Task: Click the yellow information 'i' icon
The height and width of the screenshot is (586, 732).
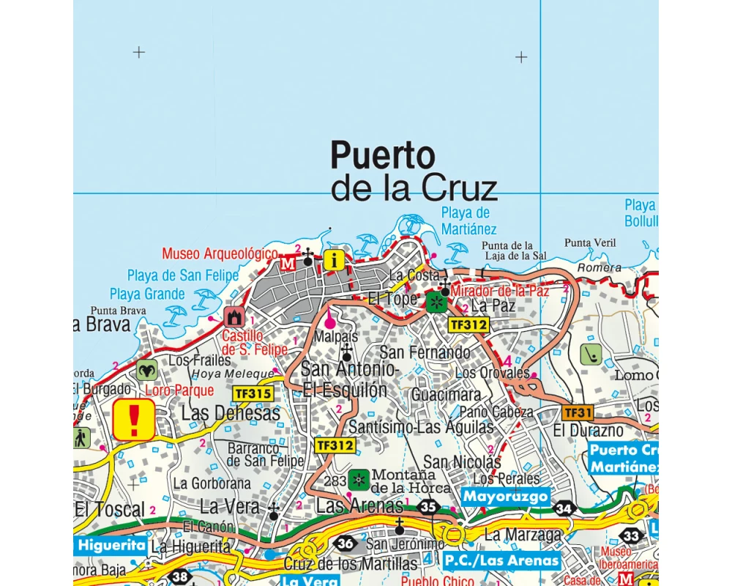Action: (334, 259)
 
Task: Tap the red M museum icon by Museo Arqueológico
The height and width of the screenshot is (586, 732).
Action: (289, 262)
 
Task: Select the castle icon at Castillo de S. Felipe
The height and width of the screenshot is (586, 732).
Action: (235, 316)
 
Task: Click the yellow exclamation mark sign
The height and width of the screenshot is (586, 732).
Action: (134, 420)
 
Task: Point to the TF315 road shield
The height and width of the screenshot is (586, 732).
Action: (253, 393)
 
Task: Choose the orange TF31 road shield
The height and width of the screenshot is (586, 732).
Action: (578, 412)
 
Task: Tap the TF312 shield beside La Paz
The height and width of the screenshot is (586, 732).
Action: (468, 324)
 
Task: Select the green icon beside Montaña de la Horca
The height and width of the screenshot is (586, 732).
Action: (359, 479)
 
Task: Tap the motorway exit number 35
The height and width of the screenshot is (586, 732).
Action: (429, 506)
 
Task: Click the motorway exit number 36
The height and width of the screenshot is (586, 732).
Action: (346, 544)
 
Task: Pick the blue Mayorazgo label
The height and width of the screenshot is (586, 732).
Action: (505, 497)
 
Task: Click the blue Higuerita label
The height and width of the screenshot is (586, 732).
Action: (110, 544)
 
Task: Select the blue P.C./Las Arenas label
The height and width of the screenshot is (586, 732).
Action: (502, 561)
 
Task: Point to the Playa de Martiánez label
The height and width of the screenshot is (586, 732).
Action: (469, 220)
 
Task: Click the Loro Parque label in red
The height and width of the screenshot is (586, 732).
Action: (179, 390)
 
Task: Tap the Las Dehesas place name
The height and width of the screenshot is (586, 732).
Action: (231, 414)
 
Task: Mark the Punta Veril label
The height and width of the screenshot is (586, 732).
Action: (590, 242)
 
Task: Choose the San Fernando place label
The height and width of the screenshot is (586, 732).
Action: (425, 352)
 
